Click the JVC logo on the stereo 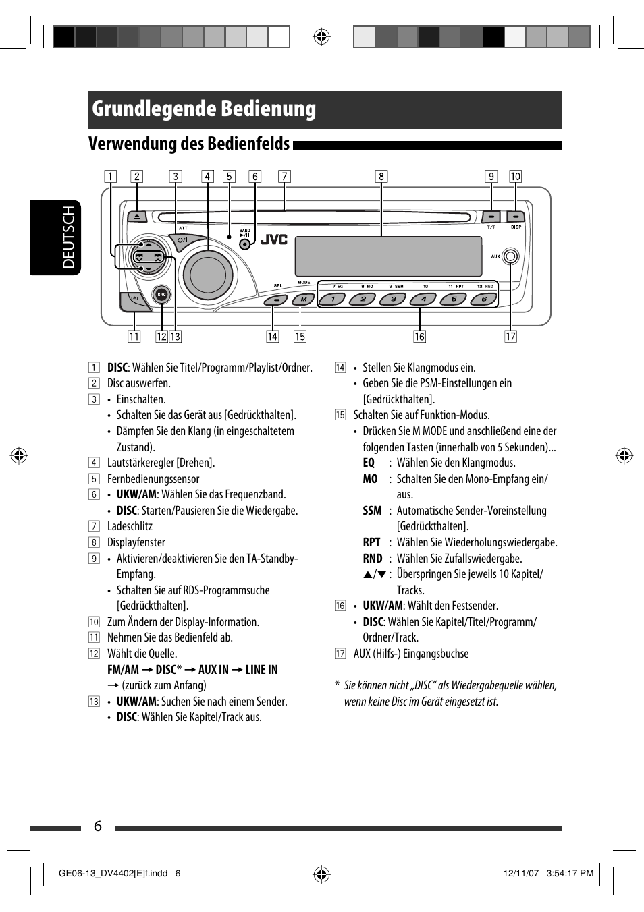pyautogui.click(x=274, y=239)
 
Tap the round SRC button pyautogui.click(x=161, y=295)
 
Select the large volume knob pyautogui.click(x=209, y=275)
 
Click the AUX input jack pyautogui.click(x=511, y=256)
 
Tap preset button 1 pyautogui.click(x=332, y=299)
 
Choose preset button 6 pyautogui.click(x=484, y=299)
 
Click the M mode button pyautogui.click(x=304, y=299)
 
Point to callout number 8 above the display pyautogui.click(x=381, y=177)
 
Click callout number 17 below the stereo pyautogui.click(x=511, y=337)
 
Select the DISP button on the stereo pyautogui.click(x=516, y=217)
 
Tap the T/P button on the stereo pyautogui.click(x=491, y=217)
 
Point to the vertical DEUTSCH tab pyautogui.click(x=68, y=237)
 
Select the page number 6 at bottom pyautogui.click(x=98, y=826)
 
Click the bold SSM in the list pyautogui.click(x=372, y=511)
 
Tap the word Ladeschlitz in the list pyautogui.click(x=130, y=526)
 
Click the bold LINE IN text pyautogui.click(x=261, y=670)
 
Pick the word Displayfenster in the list pyautogui.click(x=136, y=542)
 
